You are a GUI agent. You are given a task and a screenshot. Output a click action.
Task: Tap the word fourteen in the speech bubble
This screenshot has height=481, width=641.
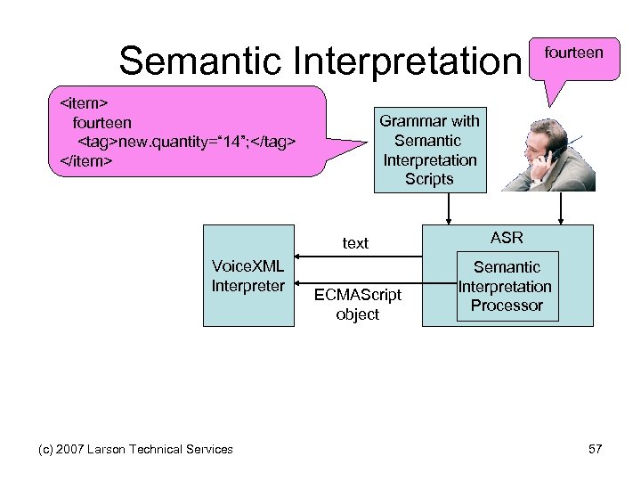pos(573,53)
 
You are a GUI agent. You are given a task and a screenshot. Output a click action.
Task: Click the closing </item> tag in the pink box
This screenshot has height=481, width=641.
pos(84,161)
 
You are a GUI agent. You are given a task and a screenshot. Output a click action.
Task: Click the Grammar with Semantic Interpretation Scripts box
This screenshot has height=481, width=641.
pos(429,150)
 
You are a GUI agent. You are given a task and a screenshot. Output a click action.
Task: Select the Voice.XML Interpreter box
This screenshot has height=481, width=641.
pos(247,275)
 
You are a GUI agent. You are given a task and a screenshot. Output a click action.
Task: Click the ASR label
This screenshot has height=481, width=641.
pos(507,238)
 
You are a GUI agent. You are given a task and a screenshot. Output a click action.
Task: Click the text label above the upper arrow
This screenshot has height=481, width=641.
pos(355,243)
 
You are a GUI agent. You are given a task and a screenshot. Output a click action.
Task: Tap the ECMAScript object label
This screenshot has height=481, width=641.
pos(357,304)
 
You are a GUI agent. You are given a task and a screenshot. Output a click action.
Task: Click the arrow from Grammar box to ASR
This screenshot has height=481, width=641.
pos(449,208)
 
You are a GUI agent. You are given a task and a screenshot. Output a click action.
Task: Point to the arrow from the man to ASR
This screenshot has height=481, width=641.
pos(561,208)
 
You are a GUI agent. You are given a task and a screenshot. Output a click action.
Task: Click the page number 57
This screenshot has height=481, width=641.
pos(596,449)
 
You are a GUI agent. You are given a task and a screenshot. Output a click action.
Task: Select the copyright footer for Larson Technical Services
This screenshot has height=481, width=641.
pos(135,449)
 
